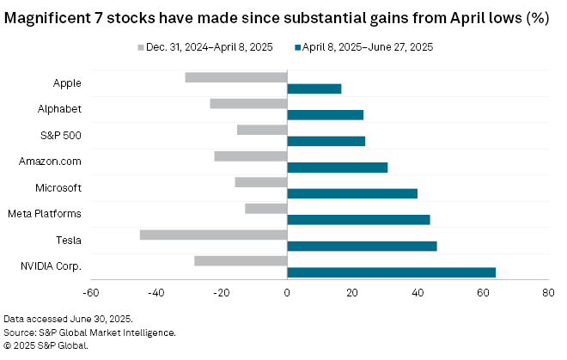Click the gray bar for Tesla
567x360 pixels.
coord(213,235)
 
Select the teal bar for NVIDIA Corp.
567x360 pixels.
coord(391,272)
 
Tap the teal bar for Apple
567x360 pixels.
coord(314,88)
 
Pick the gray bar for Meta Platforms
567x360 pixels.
coord(265,208)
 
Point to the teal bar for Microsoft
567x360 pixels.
coord(352,193)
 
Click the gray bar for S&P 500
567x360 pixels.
coord(261,130)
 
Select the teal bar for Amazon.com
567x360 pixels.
coord(337,168)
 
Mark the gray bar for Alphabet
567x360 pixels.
coord(248,103)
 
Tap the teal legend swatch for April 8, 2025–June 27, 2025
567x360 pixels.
coord(299,47)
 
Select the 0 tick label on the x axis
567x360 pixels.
coord(287,293)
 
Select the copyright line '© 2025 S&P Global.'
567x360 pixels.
coord(46,345)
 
